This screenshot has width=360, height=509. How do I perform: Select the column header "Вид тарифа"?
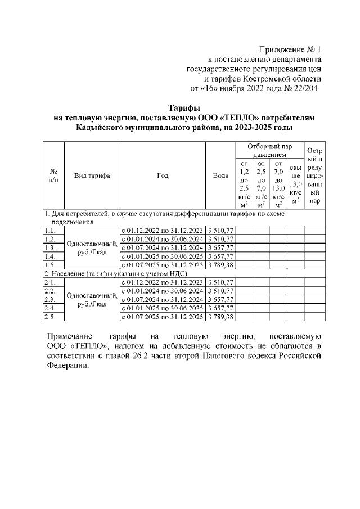tap(92, 175)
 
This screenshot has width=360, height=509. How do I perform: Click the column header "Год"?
tap(163, 175)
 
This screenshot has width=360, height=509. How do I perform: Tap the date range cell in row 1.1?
tap(163, 229)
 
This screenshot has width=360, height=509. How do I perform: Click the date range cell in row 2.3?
tap(163, 300)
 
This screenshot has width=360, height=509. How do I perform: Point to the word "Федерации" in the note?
tap(67, 366)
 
